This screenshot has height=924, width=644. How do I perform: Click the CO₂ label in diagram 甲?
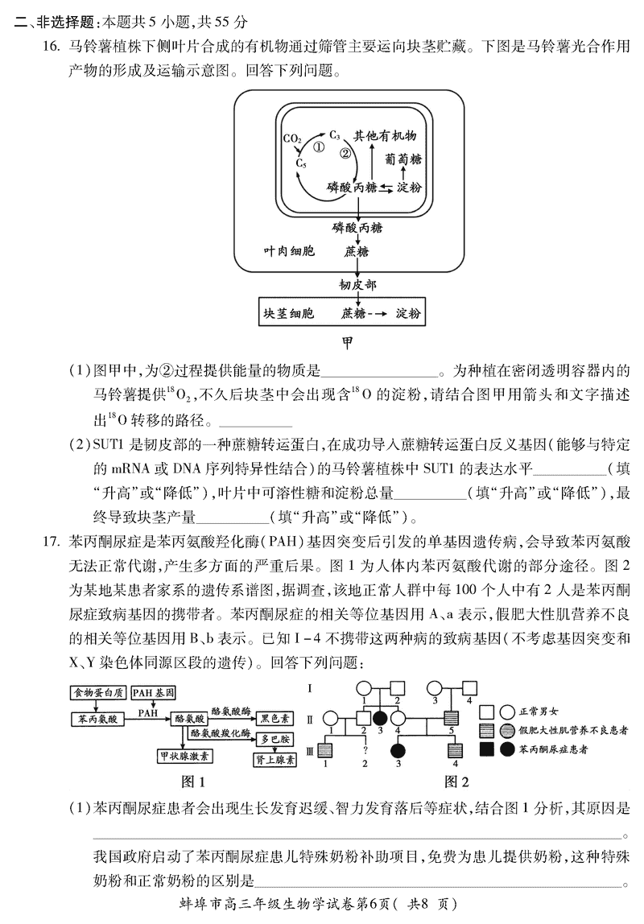point(291,138)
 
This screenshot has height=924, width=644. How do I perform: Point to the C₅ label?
point(301,163)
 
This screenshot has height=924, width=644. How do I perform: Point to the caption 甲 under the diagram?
point(348,343)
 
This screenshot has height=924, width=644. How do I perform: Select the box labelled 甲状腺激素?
point(184,756)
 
